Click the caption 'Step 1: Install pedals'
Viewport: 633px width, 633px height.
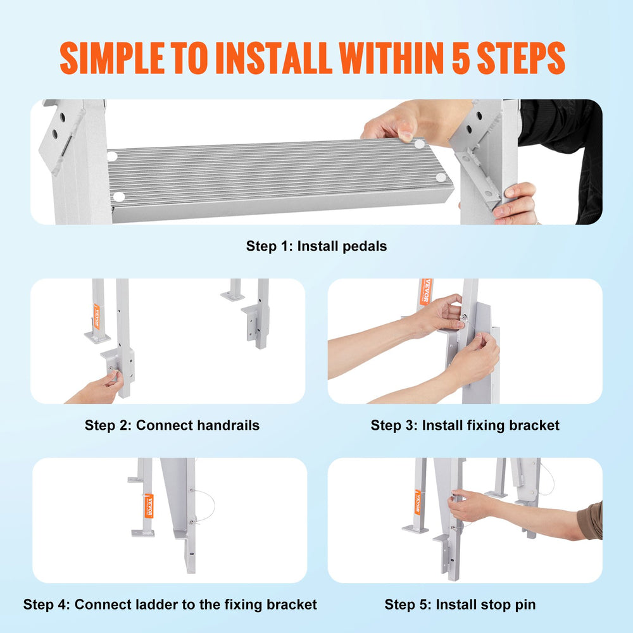[316, 246]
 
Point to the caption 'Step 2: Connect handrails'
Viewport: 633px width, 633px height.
[172, 425]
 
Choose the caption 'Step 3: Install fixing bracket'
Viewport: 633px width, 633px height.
[465, 425]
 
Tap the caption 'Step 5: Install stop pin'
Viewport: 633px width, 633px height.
[460, 605]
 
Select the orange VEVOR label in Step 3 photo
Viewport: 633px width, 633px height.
[423, 292]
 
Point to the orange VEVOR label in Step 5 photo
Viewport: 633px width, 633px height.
[418, 503]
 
